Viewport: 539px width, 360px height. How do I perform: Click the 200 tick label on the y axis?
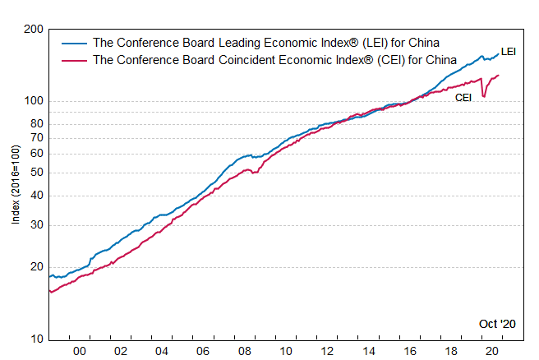[x=34, y=30]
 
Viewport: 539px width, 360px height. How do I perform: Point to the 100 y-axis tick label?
[x=34, y=101]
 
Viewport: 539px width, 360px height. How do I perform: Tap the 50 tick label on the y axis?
[x=37, y=173]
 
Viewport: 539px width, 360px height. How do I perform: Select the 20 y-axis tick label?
[x=37, y=267]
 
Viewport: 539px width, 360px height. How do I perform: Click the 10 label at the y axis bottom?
[x=37, y=339]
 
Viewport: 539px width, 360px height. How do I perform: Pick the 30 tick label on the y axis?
[x=37, y=225]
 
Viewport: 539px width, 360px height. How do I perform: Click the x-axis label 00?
[x=80, y=351]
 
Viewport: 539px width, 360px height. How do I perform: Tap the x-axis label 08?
[x=244, y=351]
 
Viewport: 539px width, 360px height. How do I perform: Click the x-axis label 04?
[x=162, y=351]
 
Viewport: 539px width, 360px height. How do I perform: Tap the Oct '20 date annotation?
[x=497, y=324]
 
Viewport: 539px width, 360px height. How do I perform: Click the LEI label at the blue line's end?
[x=508, y=52]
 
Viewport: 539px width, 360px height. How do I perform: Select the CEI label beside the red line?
[x=463, y=97]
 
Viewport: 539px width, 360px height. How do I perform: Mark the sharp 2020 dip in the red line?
[x=484, y=96]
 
